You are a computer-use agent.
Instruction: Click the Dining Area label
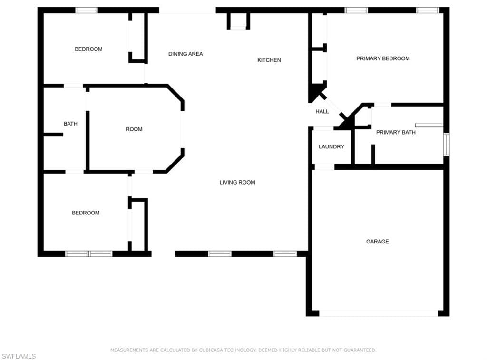185,54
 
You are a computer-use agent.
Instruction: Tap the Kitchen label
269,60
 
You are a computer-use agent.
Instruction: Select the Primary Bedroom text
383,58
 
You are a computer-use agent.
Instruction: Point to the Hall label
322,111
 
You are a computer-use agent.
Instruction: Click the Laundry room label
331,146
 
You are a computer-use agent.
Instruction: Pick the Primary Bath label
396,132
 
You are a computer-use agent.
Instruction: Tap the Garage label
377,241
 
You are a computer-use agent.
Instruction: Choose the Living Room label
237,182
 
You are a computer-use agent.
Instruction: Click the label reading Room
134,129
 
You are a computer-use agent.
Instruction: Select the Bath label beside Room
70,124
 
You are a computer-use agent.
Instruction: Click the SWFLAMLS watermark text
19,356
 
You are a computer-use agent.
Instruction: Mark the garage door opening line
379,313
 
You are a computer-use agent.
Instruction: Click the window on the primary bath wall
446,145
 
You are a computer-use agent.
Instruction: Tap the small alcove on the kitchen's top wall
239,21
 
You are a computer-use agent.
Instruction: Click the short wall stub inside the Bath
53,135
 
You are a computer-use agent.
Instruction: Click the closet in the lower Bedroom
138,224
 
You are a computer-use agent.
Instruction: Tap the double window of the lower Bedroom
89,254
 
